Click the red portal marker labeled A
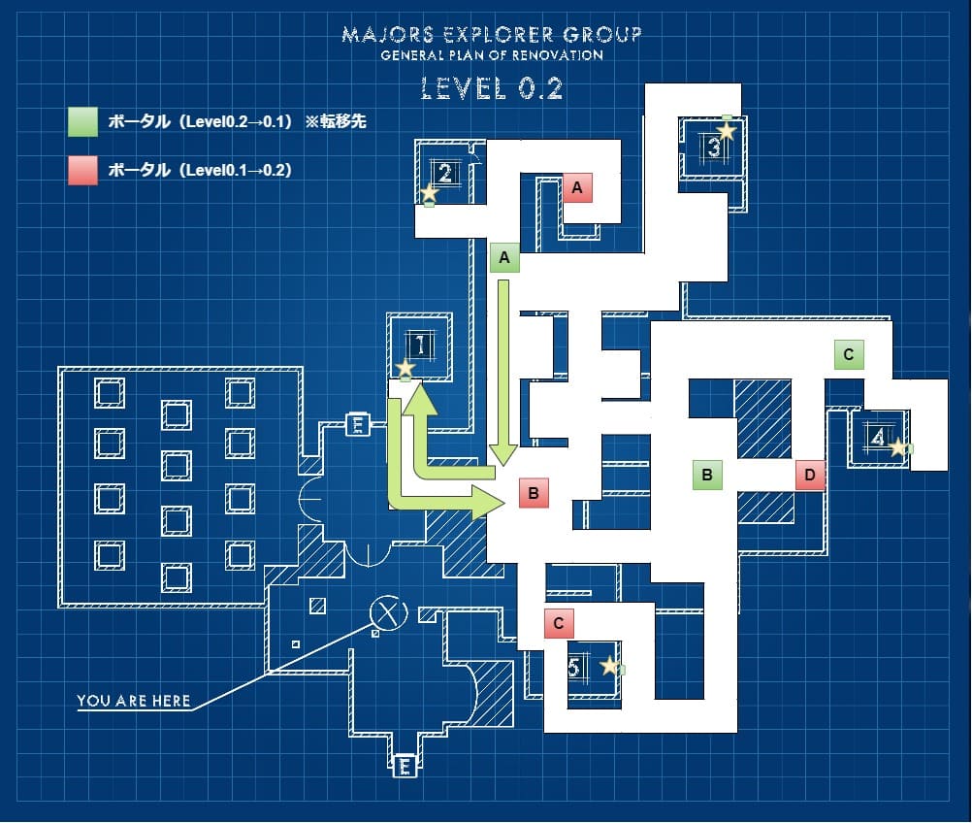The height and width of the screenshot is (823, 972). pyautogui.click(x=577, y=188)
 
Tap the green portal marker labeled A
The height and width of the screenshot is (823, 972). pyautogui.click(x=503, y=258)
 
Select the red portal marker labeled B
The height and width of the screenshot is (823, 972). pyautogui.click(x=534, y=493)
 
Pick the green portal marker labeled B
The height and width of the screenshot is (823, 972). pyautogui.click(x=707, y=475)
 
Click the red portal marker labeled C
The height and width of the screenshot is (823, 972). pyautogui.click(x=559, y=623)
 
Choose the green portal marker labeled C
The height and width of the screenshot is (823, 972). pyautogui.click(x=849, y=355)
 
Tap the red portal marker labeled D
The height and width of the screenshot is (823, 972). pyautogui.click(x=810, y=476)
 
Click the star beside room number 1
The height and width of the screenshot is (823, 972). pyautogui.click(x=405, y=369)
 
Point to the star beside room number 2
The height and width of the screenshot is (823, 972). pyautogui.click(x=429, y=193)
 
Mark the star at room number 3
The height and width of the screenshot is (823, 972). pyautogui.click(x=727, y=130)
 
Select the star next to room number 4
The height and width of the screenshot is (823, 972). pyautogui.click(x=898, y=447)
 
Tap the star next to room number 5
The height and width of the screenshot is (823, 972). pyautogui.click(x=609, y=666)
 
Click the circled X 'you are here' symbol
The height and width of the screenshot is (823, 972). pyautogui.click(x=389, y=612)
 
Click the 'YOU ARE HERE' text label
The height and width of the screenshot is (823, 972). pyautogui.click(x=134, y=701)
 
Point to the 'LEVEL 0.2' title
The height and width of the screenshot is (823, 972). pyautogui.click(x=492, y=89)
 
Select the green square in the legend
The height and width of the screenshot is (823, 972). pyautogui.click(x=82, y=121)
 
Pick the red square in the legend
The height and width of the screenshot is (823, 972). pyautogui.click(x=82, y=170)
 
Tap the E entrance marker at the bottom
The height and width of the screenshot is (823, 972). pyautogui.click(x=405, y=768)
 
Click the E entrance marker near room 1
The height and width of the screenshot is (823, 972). pyautogui.click(x=358, y=424)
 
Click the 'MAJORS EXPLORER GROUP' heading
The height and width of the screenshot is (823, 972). pyautogui.click(x=492, y=35)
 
